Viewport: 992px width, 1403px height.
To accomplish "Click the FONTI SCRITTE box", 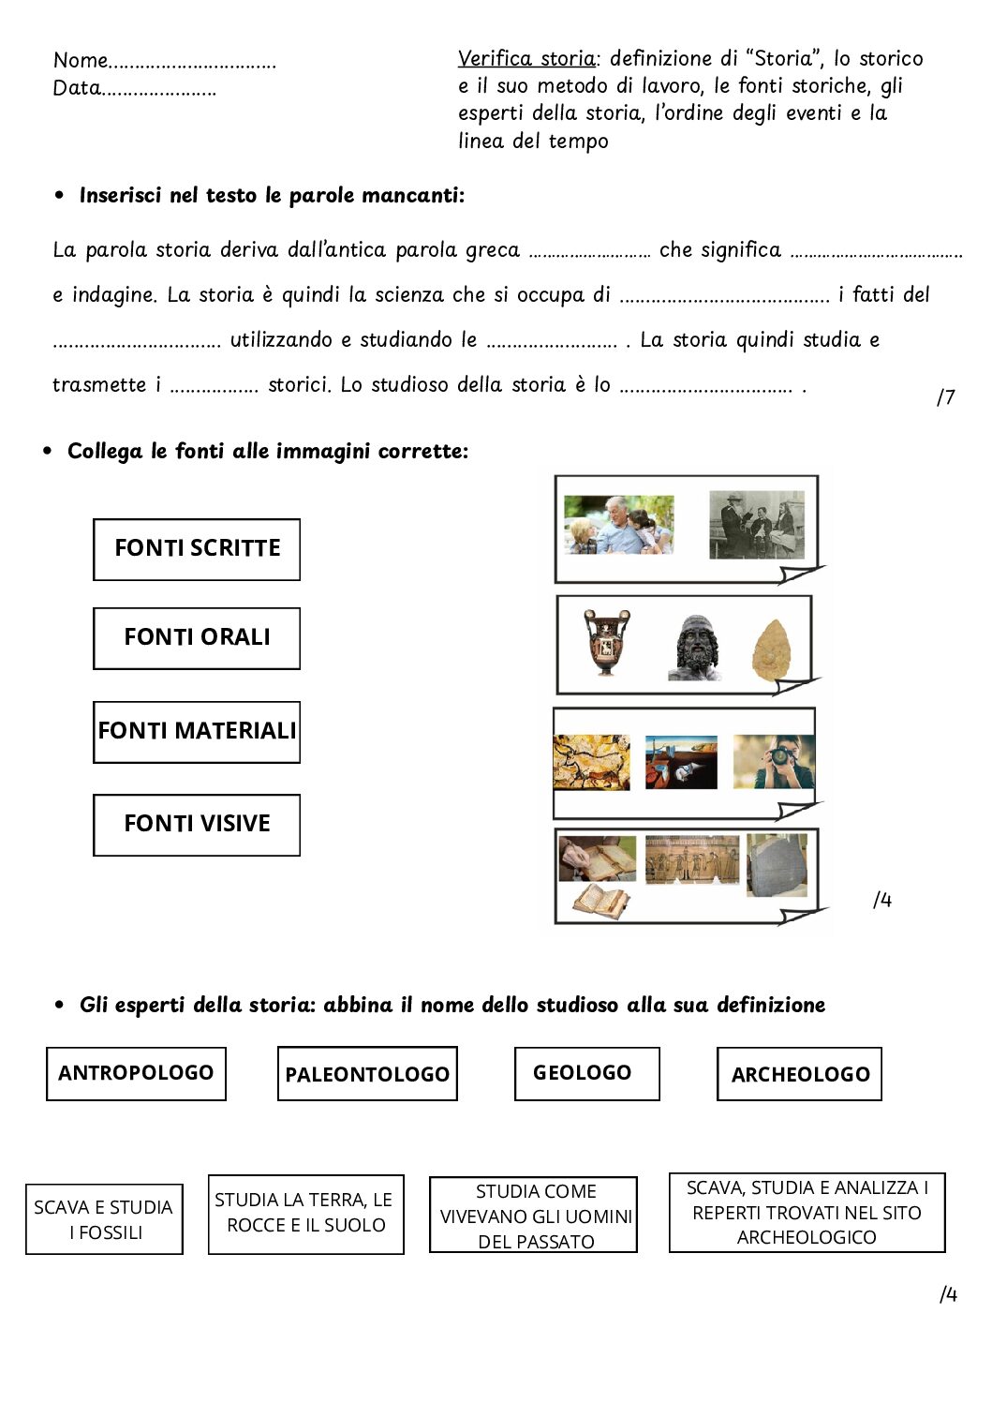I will pos(197,549).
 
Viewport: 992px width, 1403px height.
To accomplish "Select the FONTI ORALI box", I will pos(197,638).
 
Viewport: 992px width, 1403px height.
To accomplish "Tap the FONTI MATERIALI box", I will pos(197,731).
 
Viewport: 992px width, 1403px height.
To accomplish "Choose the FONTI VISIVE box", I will pos(197,825).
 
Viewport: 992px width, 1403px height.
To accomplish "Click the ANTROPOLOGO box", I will pos(136,1073).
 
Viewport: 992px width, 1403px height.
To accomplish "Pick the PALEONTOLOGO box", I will pos(367,1074).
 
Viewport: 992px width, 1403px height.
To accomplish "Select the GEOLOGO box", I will pos(586,1073).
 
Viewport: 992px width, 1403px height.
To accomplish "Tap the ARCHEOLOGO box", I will pos(799,1074).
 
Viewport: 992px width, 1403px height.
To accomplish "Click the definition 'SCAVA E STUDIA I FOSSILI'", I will pos(104,1219).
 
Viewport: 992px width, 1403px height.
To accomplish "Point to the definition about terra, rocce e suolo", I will pos(305,1214).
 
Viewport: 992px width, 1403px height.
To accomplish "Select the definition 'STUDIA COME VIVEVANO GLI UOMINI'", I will pos(534,1216).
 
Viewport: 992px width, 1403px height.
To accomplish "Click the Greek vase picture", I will pos(607,643).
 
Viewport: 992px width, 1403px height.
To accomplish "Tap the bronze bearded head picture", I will pos(695,648).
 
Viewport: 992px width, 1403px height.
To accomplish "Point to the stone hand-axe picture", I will pos(772,649).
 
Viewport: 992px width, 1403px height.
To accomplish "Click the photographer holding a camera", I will pos(774,761).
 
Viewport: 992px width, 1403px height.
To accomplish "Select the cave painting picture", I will pos(591,762).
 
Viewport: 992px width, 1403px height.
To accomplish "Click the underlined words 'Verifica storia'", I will pos(526,59).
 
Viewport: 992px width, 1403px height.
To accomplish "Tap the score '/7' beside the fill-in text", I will pos(946,397).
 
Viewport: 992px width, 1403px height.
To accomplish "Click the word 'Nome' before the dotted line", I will pos(81,61).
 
